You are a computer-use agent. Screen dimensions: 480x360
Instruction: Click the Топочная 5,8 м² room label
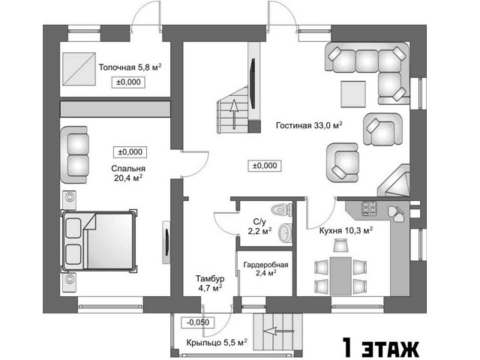coord(130,67)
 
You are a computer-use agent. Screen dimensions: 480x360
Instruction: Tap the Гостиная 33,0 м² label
coord(309,125)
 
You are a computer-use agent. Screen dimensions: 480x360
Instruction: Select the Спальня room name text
coord(128,168)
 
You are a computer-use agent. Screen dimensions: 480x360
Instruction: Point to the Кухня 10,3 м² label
coord(346,230)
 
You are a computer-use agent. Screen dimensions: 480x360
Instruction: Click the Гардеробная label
coord(265,265)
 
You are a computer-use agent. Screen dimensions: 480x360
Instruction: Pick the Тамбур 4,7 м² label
coord(210,283)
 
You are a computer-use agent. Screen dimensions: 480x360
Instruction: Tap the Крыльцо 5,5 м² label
coord(217,343)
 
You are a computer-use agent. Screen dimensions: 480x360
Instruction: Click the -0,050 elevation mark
coord(197,322)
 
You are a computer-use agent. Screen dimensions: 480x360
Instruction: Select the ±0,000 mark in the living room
coord(265,166)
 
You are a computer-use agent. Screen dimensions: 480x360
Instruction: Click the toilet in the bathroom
coord(281,210)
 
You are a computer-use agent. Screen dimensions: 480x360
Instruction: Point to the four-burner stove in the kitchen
coord(370,208)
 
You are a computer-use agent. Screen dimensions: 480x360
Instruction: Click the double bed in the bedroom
coord(98,241)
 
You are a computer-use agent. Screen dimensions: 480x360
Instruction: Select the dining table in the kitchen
coord(340,276)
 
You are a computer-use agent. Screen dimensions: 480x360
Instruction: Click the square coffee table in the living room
coord(353,94)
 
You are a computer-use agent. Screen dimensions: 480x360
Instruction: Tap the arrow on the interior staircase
coord(234,114)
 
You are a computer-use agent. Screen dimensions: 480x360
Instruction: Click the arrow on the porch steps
coord(278,331)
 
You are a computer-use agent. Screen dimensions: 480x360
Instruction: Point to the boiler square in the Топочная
coord(79,69)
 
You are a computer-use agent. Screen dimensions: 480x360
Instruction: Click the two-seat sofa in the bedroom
coord(74,155)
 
